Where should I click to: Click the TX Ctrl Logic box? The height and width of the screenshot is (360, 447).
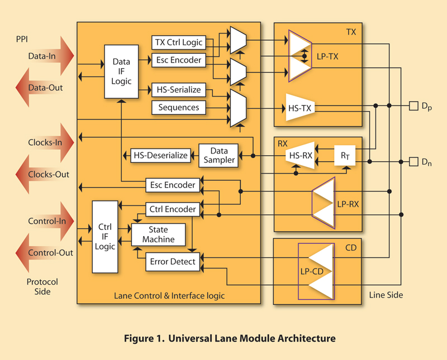click(179, 42)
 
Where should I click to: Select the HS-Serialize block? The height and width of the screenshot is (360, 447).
click(179, 90)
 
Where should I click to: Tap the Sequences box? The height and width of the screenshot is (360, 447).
click(179, 107)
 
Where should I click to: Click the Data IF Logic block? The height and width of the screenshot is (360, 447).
click(121, 71)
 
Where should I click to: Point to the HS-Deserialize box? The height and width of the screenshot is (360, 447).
click(160, 156)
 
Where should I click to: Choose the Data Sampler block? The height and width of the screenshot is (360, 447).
click(218, 156)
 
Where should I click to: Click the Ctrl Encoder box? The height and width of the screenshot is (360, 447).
click(173, 209)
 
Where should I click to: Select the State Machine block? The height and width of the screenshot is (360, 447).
click(158, 234)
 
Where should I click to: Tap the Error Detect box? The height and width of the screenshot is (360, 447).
click(173, 262)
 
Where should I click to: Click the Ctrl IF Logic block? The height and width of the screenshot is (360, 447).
click(105, 237)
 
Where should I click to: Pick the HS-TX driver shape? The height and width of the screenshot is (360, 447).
click(300, 107)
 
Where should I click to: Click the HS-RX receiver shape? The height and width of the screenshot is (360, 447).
click(300, 156)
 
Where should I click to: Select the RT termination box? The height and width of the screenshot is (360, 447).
click(345, 156)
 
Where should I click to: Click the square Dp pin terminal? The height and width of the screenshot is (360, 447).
click(413, 106)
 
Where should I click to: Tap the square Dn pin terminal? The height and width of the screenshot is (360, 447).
click(413, 162)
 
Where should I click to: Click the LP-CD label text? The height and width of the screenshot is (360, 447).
click(312, 271)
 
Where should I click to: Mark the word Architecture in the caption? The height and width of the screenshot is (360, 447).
click(306, 338)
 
